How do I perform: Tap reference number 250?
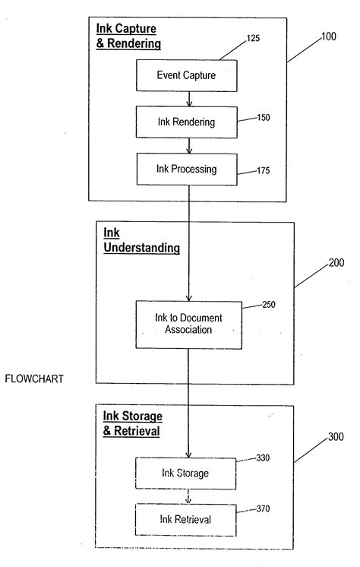(x=269, y=305)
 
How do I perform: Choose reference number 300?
(x=335, y=439)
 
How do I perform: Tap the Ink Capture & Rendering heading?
(x=128, y=36)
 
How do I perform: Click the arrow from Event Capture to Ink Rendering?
(x=188, y=98)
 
